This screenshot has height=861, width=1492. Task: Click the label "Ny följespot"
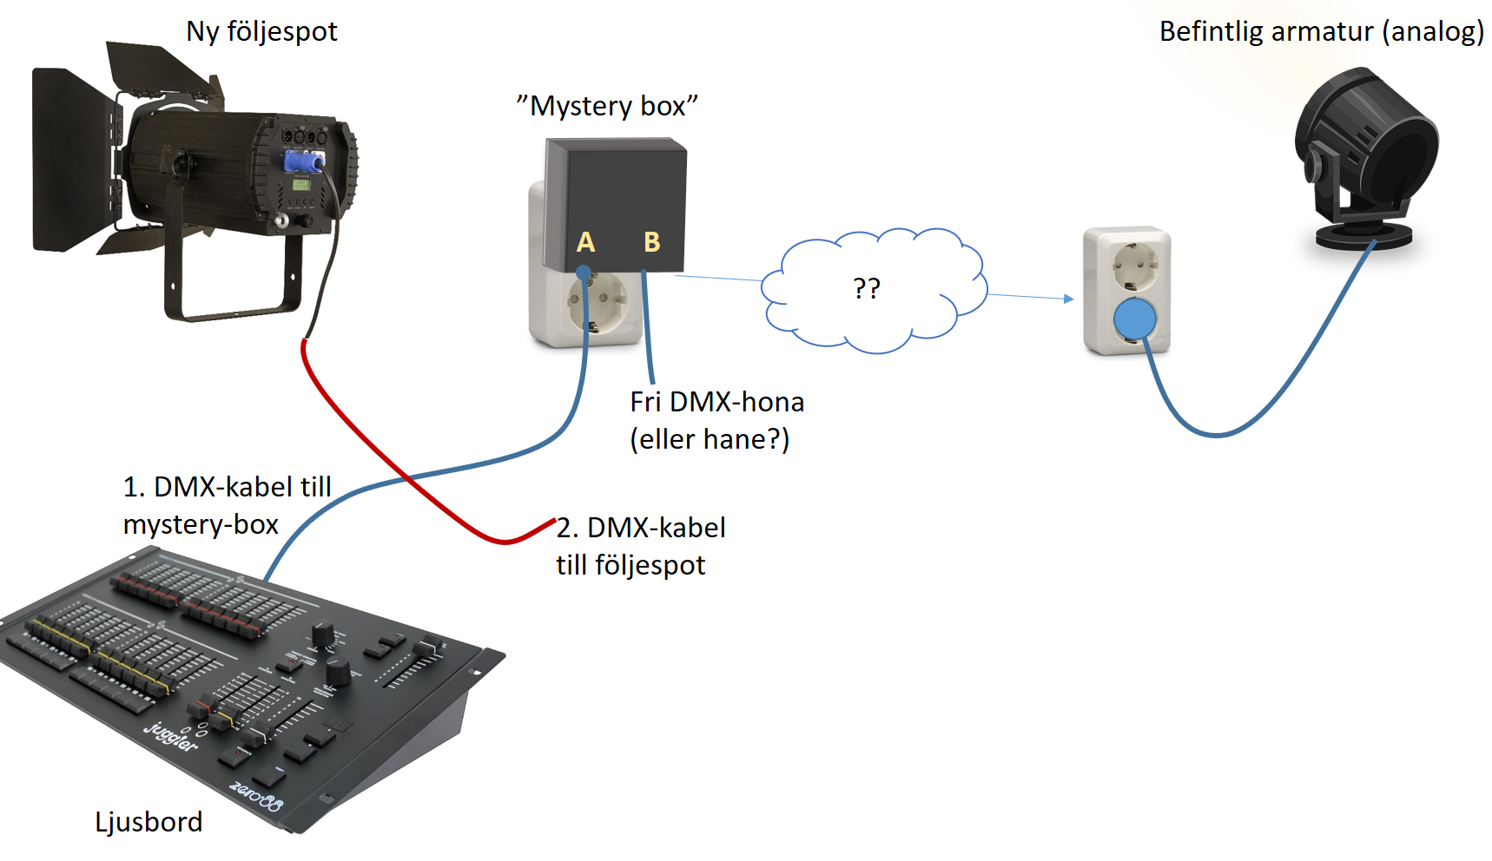[x=261, y=32]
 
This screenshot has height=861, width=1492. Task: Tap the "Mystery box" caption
[x=607, y=106]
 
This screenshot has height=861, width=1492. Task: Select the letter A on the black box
[x=586, y=242]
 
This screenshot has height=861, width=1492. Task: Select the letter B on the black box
[x=651, y=242]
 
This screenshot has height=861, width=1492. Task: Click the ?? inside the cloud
[x=867, y=288]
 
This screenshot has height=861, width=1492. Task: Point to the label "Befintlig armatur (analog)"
[x=1321, y=32]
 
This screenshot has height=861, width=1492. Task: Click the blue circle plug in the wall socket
[x=1134, y=319]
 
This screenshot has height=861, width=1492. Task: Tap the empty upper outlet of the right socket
[x=1133, y=265]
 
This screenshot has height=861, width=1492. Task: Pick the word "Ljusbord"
[x=149, y=822]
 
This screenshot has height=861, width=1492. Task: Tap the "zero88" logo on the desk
[x=256, y=797]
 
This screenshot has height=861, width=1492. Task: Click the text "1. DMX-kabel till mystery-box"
[x=227, y=505]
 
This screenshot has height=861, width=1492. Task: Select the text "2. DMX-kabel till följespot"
[x=640, y=546]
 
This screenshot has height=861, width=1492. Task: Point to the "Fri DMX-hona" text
[x=716, y=402]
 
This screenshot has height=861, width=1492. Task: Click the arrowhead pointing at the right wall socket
[x=1069, y=299]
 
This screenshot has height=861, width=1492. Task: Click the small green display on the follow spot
[x=301, y=184]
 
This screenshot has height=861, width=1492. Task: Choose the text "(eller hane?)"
[x=710, y=439]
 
